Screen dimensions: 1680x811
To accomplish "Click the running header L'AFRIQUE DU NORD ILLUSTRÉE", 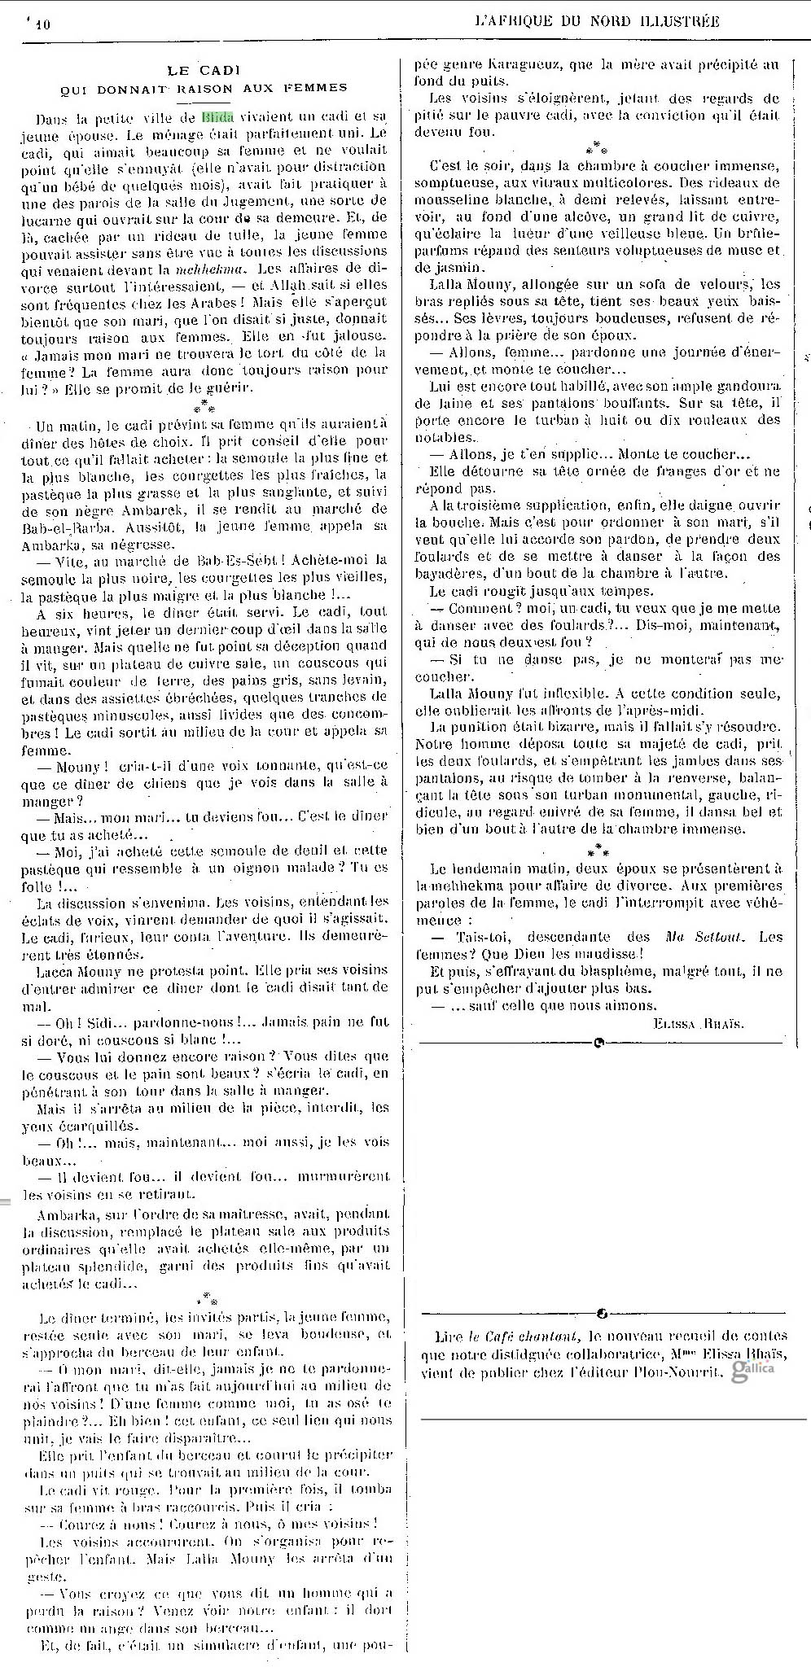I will [x=597, y=22].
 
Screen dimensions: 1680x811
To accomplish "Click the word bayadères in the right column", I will [x=454, y=574].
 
